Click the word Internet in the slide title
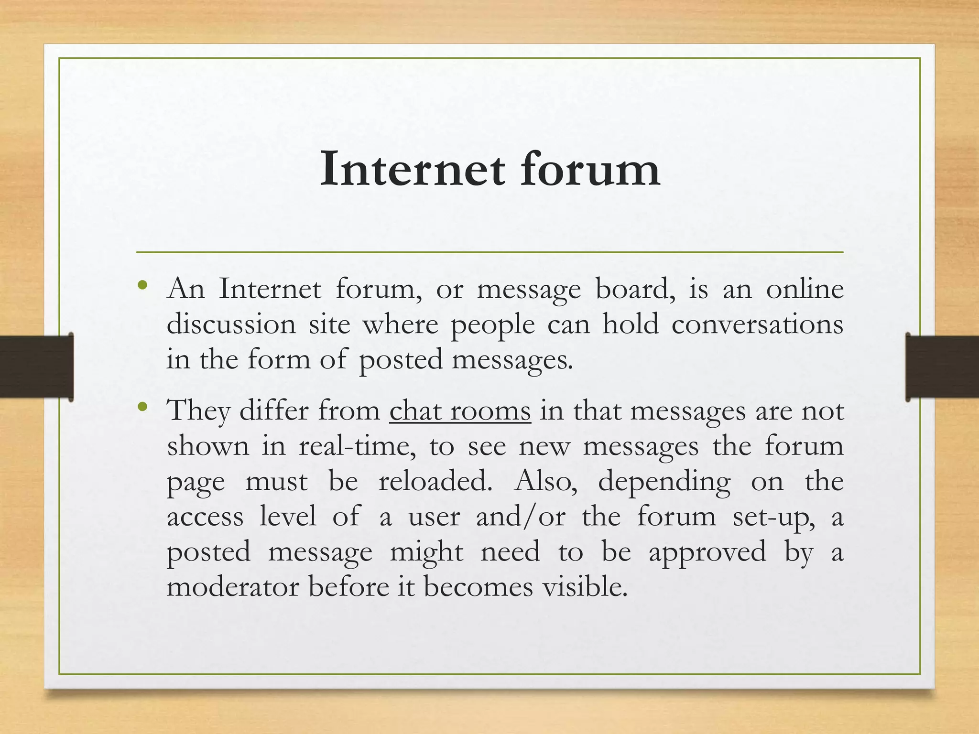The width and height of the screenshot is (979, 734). [x=412, y=169]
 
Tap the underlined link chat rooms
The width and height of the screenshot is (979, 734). [x=460, y=411]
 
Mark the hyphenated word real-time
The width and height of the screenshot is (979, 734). [x=354, y=446]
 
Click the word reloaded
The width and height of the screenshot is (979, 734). [x=435, y=481]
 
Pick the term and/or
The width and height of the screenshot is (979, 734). [x=521, y=517]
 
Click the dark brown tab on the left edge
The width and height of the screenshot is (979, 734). [x=36, y=367]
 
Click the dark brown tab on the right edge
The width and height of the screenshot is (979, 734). [x=942, y=367]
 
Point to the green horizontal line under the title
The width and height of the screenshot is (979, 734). [x=489, y=252]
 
